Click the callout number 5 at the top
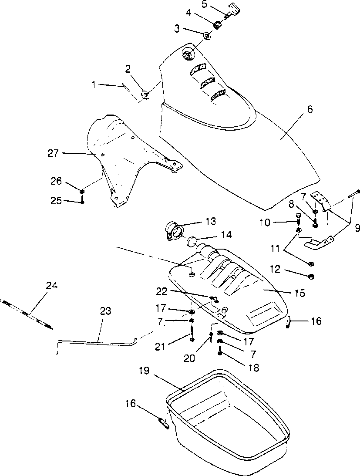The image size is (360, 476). coord(205,4)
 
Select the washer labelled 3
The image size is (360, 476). coord(208,35)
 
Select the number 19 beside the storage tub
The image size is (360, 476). coord(145,371)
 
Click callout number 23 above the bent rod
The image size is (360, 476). coord(105,311)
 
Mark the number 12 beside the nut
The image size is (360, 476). coord(276,269)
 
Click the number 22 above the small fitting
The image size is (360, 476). coord(161,292)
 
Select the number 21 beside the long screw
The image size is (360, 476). coord(160,346)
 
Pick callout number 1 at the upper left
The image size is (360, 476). coord(94,84)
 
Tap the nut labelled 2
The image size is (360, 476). coord(145,95)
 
